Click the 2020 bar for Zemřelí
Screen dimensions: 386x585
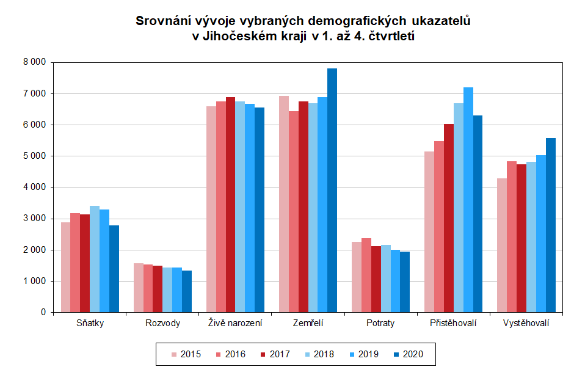(332, 190)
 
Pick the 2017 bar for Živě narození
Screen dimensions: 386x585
(231, 205)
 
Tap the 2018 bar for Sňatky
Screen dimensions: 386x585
(95, 259)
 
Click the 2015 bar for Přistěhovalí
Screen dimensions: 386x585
(429, 231)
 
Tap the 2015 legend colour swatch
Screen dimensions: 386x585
(174, 354)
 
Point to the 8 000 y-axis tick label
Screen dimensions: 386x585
(34, 62)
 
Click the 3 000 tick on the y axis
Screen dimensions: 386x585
(34, 219)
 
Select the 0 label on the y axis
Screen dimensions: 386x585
(43, 312)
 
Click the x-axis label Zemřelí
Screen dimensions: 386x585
(308, 323)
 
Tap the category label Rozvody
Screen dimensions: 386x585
(163, 323)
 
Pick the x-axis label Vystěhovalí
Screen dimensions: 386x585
(526, 323)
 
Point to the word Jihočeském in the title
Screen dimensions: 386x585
(238, 36)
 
